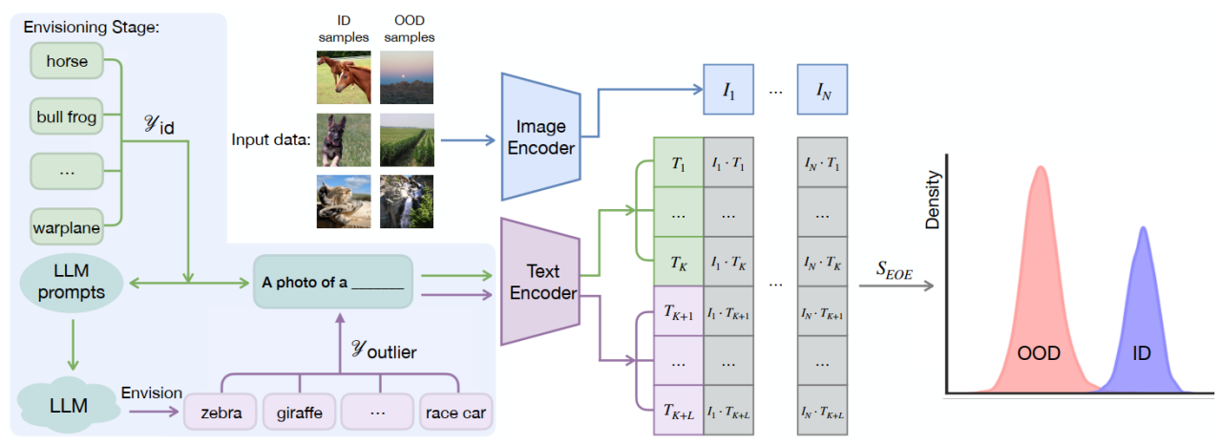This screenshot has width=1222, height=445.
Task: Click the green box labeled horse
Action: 67,62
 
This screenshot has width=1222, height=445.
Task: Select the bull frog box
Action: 67,117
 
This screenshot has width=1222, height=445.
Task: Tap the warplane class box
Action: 67,227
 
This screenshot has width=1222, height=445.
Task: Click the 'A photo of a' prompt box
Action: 332,282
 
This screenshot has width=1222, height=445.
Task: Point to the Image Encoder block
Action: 539,136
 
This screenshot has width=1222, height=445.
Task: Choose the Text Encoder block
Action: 539,280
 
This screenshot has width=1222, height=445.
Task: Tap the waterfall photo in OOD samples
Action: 406,201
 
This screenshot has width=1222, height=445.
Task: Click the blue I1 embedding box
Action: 728,92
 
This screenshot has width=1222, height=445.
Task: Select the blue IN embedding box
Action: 822,92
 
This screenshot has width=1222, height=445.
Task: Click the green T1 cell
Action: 678,162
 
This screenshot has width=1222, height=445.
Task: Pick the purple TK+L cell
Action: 678,412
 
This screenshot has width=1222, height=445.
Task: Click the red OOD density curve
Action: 1039,286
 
